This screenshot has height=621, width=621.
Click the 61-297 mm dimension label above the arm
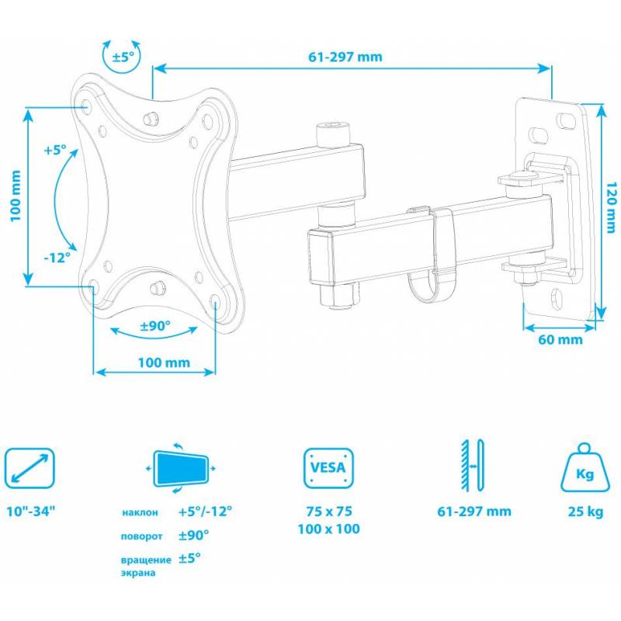pyautogui.click(x=345, y=57)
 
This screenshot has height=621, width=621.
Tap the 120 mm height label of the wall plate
pyautogui.click(x=611, y=207)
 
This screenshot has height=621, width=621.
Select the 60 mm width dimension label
pyautogui.click(x=560, y=339)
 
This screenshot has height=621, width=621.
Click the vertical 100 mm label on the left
pyautogui.click(x=15, y=196)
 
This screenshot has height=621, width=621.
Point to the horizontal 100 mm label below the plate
pyautogui.click(x=164, y=363)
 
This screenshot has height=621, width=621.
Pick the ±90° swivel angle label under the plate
pyautogui.click(x=155, y=326)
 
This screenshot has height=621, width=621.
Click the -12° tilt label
pyautogui.click(x=57, y=258)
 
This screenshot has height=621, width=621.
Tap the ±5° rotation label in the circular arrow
pyautogui.click(x=123, y=57)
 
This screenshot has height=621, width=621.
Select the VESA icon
pyautogui.click(x=328, y=468)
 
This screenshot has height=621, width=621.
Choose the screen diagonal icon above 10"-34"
pyautogui.click(x=29, y=468)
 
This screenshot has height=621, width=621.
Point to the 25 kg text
pyautogui.click(x=585, y=512)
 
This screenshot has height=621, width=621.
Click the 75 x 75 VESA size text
pyautogui.click(x=328, y=512)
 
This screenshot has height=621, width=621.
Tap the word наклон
pyautogui.click(x=140, y=512)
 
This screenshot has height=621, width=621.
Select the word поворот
pyautogui.click(x=141, y=536)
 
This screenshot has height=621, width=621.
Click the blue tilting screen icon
pyautogui.click(x=181, y=469)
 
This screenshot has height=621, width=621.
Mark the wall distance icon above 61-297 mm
pyautogui.click(x=473, y=466)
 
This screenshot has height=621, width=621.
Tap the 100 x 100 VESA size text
pyautogui.click(x=328, y=529)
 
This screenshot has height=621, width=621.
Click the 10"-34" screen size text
pyautogui.click(x=30, y=512)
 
